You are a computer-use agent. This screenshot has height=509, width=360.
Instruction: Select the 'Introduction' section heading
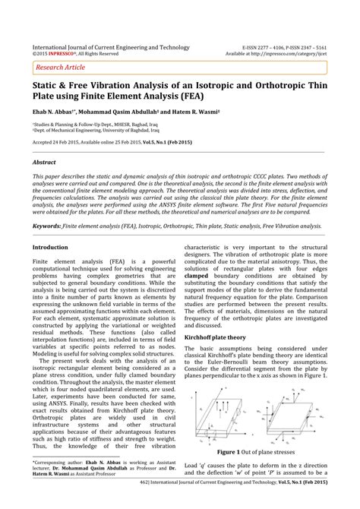click(50, 247)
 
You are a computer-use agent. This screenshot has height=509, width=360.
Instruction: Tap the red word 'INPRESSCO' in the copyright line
click(62, 54)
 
